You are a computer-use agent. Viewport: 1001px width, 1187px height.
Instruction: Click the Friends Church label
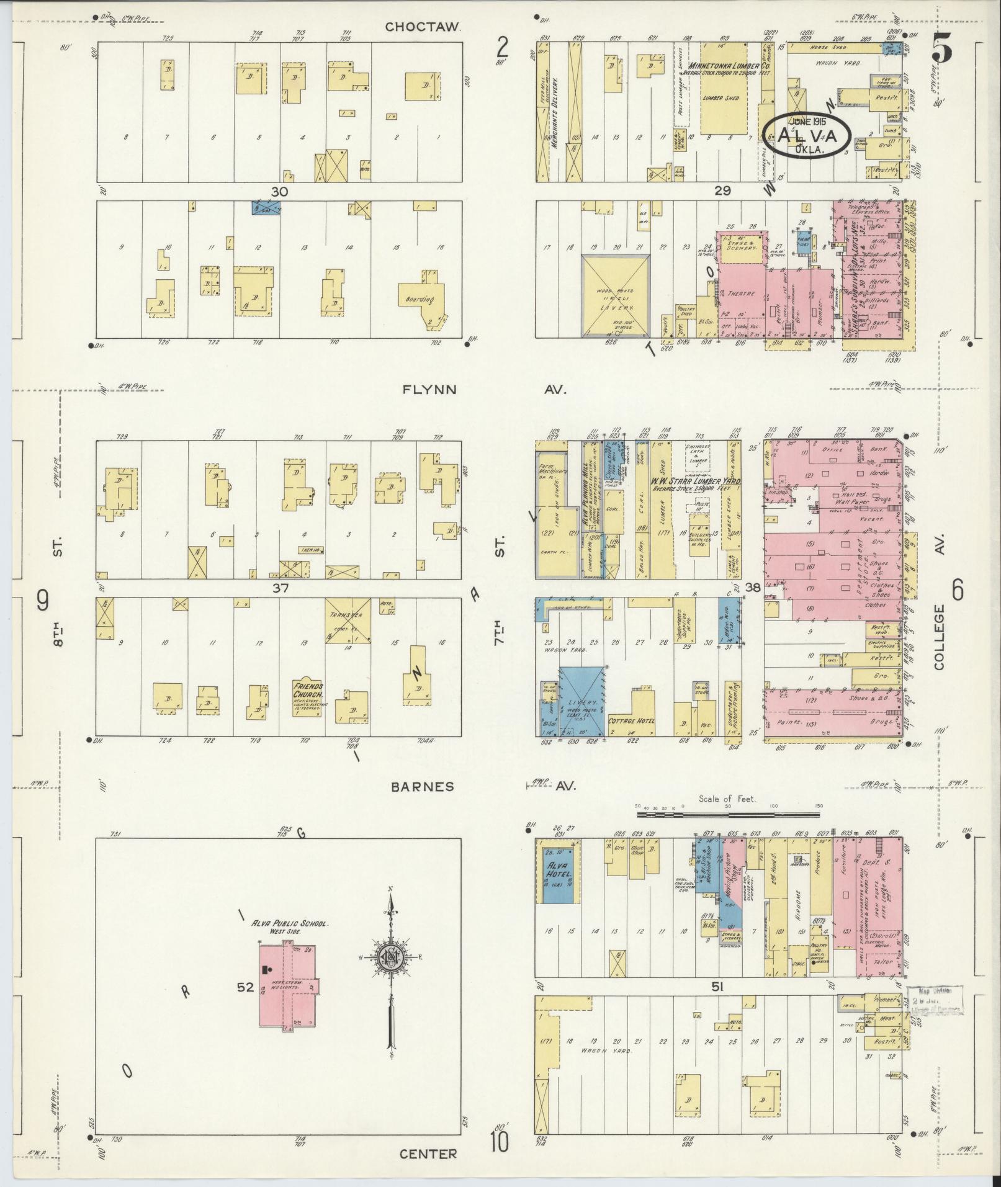pyautogui.click(x=308, y=689)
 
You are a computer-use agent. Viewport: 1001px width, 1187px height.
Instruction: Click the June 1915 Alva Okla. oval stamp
pyautogui.click(x=805, y=137)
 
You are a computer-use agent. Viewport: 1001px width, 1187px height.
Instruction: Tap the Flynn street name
pyautogui.click(x=429, y=390)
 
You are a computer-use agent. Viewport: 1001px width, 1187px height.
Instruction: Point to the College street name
pyautogui.click(x=938, y=636)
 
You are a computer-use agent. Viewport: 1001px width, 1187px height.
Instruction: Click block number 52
pyautogui.click(x=246, y=987)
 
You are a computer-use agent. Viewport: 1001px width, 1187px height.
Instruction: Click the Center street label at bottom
pyautogui.click(x=428, y=1153)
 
